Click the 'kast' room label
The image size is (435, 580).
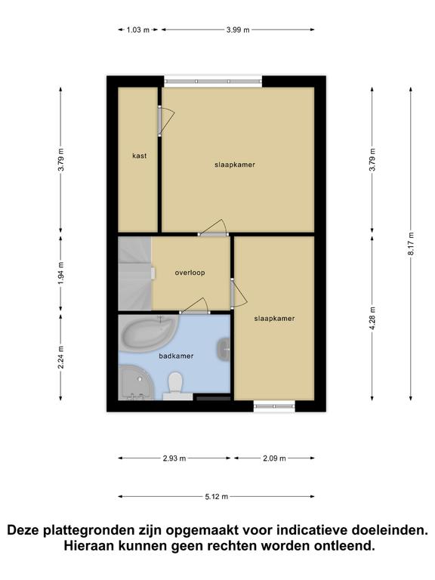[x=139, y=156]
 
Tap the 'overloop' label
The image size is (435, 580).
[x=190, y=273]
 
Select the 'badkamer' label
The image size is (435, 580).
[x=176, y=356]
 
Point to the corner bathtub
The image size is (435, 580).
[x=148, y=333]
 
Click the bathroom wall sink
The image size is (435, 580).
[x=224, y=349]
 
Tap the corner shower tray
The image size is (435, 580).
[x=135, y=383]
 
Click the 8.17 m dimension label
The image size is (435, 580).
[x=411, y=243]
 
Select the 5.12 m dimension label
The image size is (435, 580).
[x=217, y=496]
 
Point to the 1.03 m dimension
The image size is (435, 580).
[x=138, y=30]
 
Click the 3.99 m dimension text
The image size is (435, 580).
[x=238, y=30]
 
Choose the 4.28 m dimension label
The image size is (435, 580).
[x=372, y=318]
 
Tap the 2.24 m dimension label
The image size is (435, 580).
[x=60, y=357]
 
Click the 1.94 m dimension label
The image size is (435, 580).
[x=60, y=273]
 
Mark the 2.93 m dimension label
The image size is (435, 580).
[x=174, y=458]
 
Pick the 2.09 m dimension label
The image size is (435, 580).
[x=274, y=458]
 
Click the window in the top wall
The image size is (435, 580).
[x=213, y=82]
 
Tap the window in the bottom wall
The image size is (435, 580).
[x=274, y=406]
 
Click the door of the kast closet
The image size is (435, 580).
[x=160, y=121]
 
